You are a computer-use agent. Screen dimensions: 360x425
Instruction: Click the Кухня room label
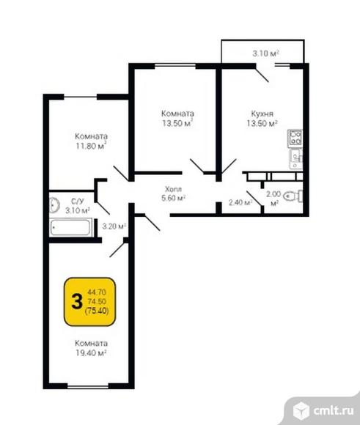pos(262,114)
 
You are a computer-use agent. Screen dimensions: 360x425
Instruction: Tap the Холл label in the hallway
pos(173,189)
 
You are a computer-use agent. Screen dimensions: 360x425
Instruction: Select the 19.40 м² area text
pos(91,353)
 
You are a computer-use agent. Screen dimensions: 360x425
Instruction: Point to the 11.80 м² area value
pos(91,146)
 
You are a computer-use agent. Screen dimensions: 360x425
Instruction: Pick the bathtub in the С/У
pos(71,227)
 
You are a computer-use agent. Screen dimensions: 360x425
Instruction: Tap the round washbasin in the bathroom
pos(54,205)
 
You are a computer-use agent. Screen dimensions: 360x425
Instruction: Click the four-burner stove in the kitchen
pos(295,138)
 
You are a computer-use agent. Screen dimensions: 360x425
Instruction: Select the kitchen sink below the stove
pos(296,160)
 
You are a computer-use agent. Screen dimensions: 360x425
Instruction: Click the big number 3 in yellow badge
pos(77,301)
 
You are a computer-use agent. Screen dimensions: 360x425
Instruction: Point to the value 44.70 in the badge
pos(97,292)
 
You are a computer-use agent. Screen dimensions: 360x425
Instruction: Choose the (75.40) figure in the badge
pos(97,311)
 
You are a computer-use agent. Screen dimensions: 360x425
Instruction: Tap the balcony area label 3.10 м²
pos(266,53)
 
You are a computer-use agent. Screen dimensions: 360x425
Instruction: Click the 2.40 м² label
pos(240,202)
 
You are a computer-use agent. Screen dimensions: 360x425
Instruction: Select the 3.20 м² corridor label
pos(114,226)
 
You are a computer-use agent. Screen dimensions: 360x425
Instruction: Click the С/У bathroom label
pos(78,201)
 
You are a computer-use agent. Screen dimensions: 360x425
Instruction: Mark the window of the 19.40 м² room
pos(88,386)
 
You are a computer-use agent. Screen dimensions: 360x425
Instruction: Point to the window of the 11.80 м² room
pos(81,97)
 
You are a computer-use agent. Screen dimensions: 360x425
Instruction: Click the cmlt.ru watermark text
pos(334,410)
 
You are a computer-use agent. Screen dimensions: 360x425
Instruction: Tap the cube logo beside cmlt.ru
pos(301,410)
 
